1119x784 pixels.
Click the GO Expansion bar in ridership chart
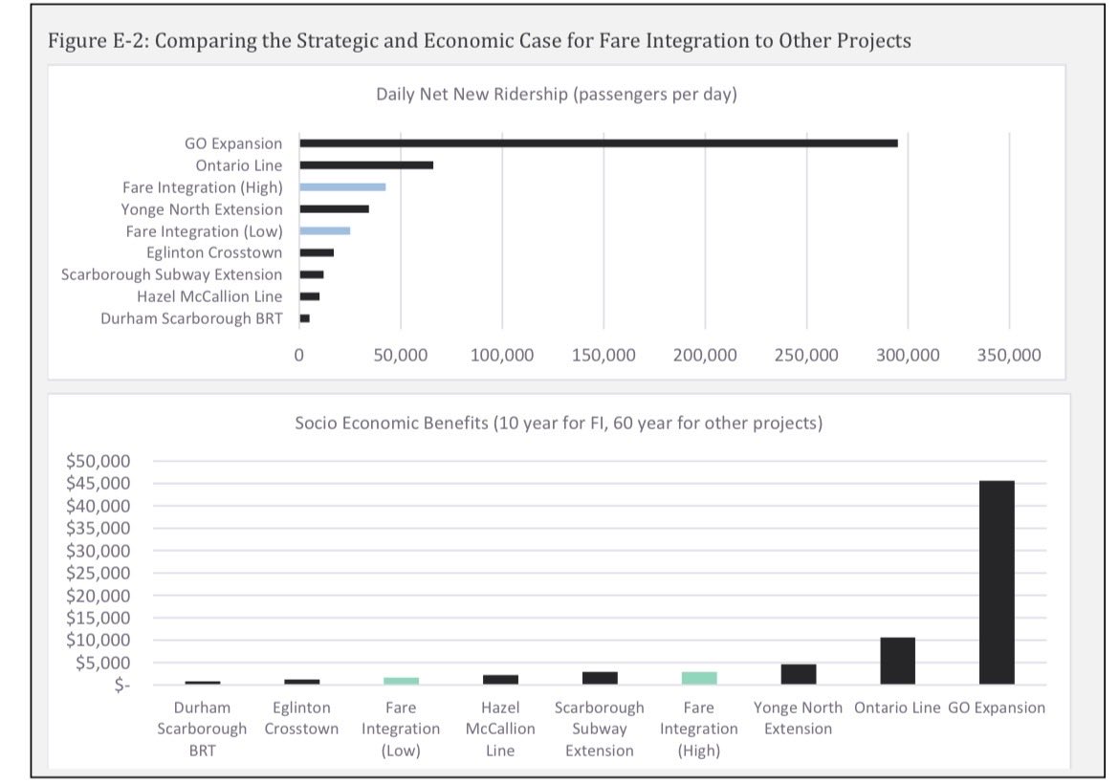[x=599, y=143]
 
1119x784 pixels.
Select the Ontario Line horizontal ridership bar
[x=366, y=165]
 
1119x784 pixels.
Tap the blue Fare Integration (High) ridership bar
[x=342, y=187]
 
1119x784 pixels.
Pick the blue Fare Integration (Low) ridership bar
[x=325, y=231]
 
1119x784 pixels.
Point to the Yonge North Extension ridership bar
[x=334, y=209]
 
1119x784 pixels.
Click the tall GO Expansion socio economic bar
[x=997, y=582]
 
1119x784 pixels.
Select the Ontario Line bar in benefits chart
[x=897, y=661]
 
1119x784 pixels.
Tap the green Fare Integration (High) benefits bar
[x=699, y=678]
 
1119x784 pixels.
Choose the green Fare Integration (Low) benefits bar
[x=401, y=681]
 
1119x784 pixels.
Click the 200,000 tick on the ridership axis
[x=705, y=356]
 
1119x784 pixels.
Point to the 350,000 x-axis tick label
[x=1010, y=356]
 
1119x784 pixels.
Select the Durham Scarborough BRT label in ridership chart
[x=191, y=318]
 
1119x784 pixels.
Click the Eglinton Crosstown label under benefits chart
[x=301, y=718]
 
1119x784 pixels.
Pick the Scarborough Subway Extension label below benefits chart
[x=600, y=729]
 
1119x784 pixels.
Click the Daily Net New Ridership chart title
[x=556, y=95]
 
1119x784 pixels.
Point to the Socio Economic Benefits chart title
[x=558, y=423]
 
